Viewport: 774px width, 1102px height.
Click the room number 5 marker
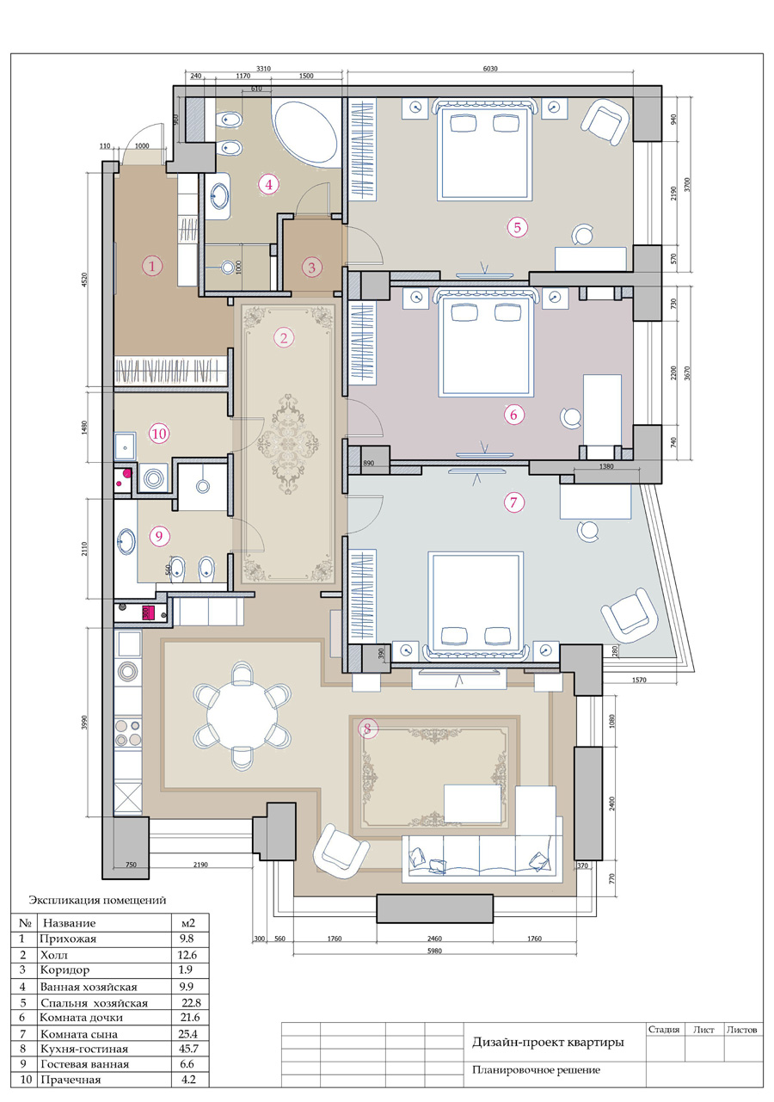point(518,227)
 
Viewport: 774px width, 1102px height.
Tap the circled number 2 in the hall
point(284,338)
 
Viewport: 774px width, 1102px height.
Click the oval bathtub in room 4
point(305,132)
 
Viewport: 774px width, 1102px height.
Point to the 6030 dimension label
point(490,69)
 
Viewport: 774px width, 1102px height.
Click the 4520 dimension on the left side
point(84,280)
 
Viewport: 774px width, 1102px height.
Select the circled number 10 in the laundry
point(159,434)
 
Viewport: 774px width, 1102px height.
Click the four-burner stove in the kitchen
point(128,733)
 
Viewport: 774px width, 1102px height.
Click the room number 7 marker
point(514,502)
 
